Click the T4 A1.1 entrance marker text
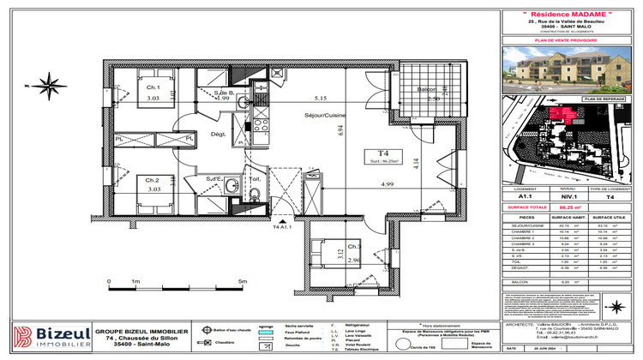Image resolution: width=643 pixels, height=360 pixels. pos(283,229)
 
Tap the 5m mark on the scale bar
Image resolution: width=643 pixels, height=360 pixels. pos(242,280)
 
